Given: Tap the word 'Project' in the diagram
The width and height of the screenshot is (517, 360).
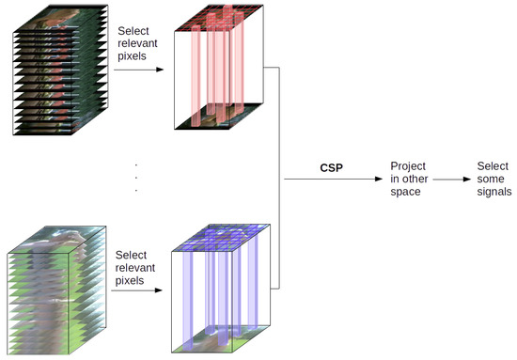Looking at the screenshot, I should pos(408,165).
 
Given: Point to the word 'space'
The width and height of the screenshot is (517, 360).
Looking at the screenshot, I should pos(406,192).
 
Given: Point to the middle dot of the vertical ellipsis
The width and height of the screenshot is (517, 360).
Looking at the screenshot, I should pos(137,177).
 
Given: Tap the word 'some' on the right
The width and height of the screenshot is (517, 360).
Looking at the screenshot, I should pos(493,179).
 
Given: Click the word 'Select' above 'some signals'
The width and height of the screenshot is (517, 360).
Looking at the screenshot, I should pos(493,165).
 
